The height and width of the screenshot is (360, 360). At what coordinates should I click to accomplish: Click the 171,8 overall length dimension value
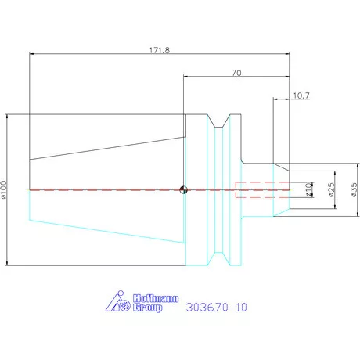[x=160, y=50]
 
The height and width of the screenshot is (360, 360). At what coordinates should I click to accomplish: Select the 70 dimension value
[x=236, y=73]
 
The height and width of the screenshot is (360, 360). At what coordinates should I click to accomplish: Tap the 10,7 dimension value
[x=301, y=95]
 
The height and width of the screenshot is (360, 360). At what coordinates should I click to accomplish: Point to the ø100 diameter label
[x=4, y=189]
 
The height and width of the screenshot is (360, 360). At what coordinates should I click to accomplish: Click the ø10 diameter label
[x=308, y=189]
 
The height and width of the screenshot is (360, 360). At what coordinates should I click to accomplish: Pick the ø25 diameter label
[x=331, y=189]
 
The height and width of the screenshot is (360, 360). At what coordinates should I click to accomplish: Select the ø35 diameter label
[x=354, y=189]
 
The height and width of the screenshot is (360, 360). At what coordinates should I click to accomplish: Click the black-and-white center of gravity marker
[x=184, y=189]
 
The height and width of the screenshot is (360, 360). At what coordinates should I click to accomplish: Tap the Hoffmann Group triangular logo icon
[x=118, y=301]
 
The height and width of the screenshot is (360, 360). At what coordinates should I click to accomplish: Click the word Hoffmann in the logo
[x=156, y=298]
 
